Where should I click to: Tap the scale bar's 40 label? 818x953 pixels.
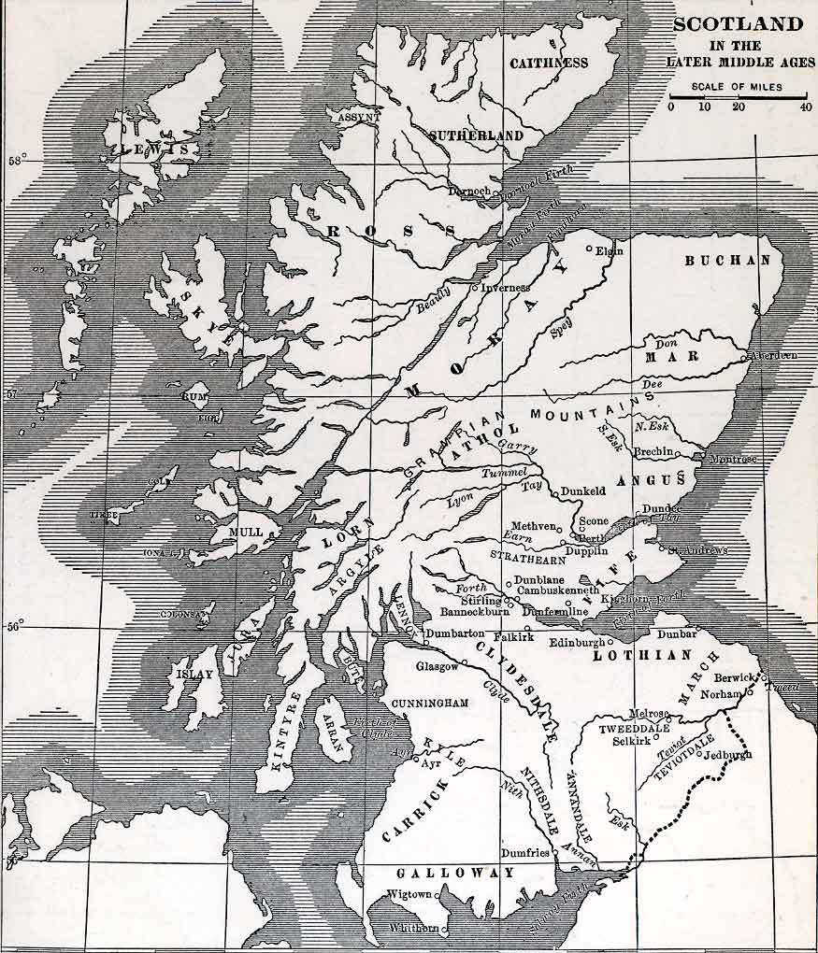click(x=805, y=107)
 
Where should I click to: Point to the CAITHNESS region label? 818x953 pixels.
click(x=549, y=63)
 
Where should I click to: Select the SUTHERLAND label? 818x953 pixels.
click(x=476, y=135)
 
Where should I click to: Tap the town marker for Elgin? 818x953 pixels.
click(x=589, y=249)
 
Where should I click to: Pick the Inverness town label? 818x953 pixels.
click(x=506, y=288)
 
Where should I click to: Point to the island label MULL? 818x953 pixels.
click(x=245, y=533)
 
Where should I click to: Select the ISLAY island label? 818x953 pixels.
click(x=194, y=674)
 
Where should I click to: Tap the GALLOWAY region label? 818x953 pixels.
click(x=454, y=873)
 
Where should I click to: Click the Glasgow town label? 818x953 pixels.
click(x=437, y=666)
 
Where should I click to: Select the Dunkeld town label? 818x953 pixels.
click(x=583, y=490)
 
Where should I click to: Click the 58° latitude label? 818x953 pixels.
click(x=16, y=160)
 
